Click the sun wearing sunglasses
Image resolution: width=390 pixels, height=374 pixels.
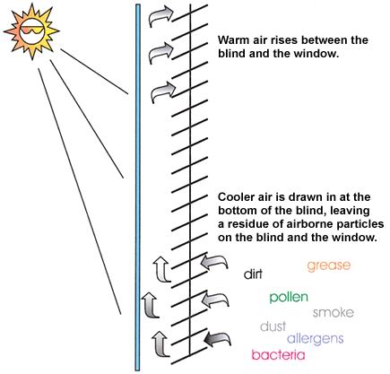(31, 30)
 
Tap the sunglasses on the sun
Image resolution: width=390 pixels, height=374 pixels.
(32, 30)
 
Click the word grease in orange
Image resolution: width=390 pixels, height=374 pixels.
(329, 265)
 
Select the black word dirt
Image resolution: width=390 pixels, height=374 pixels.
(253, 274)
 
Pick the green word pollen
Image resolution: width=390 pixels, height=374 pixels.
(289, 297)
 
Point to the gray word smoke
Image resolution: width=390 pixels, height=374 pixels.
(334, 312)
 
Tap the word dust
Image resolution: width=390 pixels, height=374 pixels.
(273, 326)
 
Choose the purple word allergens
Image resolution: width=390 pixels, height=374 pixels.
(315, 339)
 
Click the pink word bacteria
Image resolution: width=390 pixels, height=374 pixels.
(278, 355)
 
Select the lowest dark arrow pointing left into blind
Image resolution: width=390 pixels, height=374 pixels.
(217, 338)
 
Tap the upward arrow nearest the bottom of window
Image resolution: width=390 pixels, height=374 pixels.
(160, 344)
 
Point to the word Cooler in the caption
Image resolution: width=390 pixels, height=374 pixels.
(237, 197)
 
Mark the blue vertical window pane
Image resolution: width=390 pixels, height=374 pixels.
(137, 187)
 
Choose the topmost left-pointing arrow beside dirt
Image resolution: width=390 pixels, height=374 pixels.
(214, 262)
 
